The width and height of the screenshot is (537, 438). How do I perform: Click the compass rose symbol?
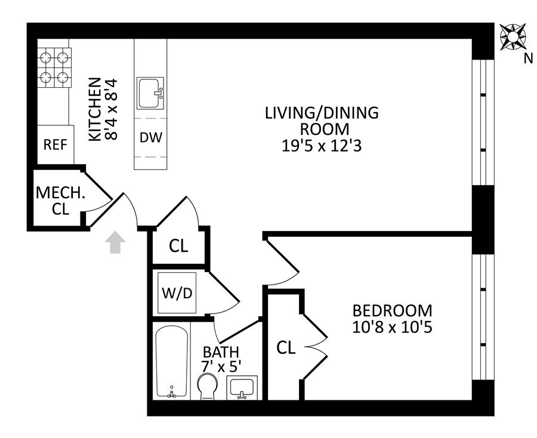(x=513, y=37)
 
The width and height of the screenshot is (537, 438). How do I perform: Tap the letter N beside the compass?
(x=529, y=59)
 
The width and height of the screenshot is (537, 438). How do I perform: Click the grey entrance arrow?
(x=115, y=242)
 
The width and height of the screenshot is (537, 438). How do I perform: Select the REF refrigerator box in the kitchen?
(x=55, y=144)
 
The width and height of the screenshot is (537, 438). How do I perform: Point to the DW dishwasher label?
(x=151, y=138)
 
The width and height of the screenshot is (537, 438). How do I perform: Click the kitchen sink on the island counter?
(x=150, y=93)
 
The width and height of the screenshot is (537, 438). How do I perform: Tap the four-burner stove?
(x=54, y=67)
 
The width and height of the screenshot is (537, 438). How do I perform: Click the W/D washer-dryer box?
(x=177, y=293)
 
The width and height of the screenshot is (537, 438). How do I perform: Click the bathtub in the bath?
(x=172, y=362)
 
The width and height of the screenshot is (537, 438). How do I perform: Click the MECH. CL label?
(x=60, y=201)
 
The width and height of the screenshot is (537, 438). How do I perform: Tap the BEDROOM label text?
(x=393, y=311)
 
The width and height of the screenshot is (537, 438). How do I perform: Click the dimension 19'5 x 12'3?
(x=322, y=146)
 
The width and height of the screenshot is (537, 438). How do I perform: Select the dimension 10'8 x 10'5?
(x=393, y=328)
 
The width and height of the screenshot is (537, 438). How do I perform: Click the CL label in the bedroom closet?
(x=286, y=348)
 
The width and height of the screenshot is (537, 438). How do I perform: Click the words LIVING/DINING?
(x=322, y=113)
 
